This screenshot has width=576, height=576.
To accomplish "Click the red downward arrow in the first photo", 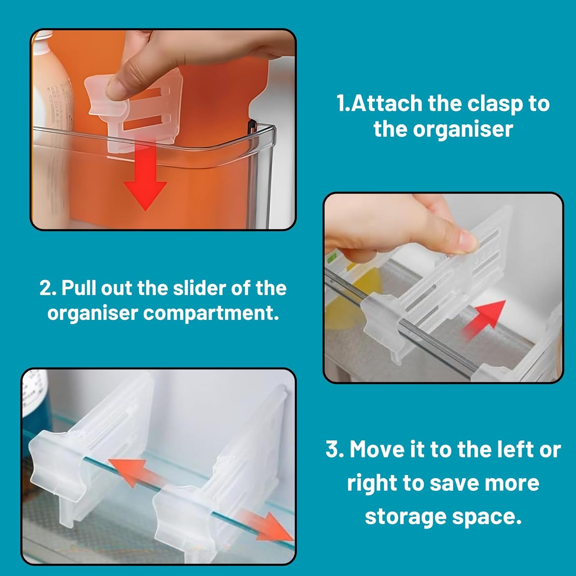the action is [145, 177].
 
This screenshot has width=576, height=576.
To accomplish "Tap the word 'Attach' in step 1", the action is [386, 103].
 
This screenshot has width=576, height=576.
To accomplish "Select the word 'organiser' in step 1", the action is [463, 129].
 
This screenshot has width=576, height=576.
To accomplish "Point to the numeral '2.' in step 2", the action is [48, 288].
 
